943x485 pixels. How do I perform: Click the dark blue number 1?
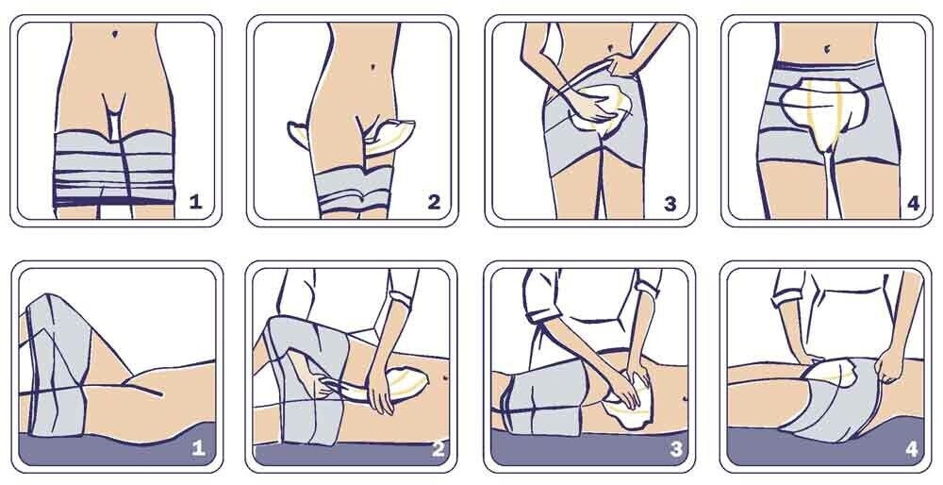195,202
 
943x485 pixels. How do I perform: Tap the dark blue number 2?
434,202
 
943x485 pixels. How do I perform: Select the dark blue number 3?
670,204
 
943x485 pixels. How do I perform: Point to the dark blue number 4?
913,204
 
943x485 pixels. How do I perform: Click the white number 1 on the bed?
198,448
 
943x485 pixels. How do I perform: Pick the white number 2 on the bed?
438,448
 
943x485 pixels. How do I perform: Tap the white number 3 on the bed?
675,448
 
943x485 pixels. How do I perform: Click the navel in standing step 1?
115,34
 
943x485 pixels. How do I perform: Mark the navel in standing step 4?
828,47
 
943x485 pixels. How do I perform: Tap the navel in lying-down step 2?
444,377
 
